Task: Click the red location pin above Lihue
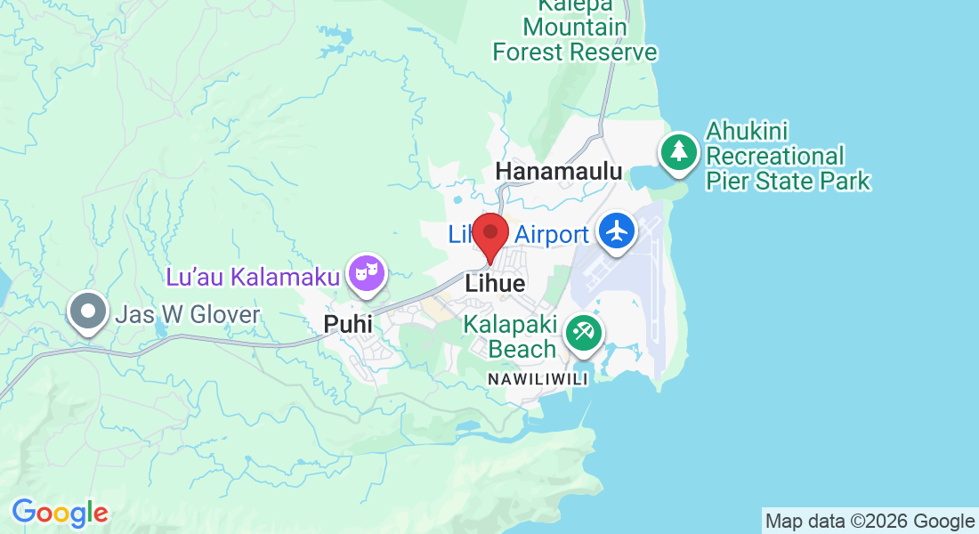pos(490,235)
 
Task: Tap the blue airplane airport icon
pos(616,231)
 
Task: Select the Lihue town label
pos(496,284)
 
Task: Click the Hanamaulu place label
pos(559,171)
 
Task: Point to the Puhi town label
pos(348,326)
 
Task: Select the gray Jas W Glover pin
pos(88,311)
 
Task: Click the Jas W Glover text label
pos(188,314)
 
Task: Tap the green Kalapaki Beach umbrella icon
pos(584,334)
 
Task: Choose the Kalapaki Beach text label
pos(510,337)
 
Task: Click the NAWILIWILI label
pos(538,379)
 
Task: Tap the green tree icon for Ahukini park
pos(679,150)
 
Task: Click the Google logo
pos(60,513)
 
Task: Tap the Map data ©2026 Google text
pos(870,522)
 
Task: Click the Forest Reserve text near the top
pos(575,52)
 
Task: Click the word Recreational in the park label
pos(774,157)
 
